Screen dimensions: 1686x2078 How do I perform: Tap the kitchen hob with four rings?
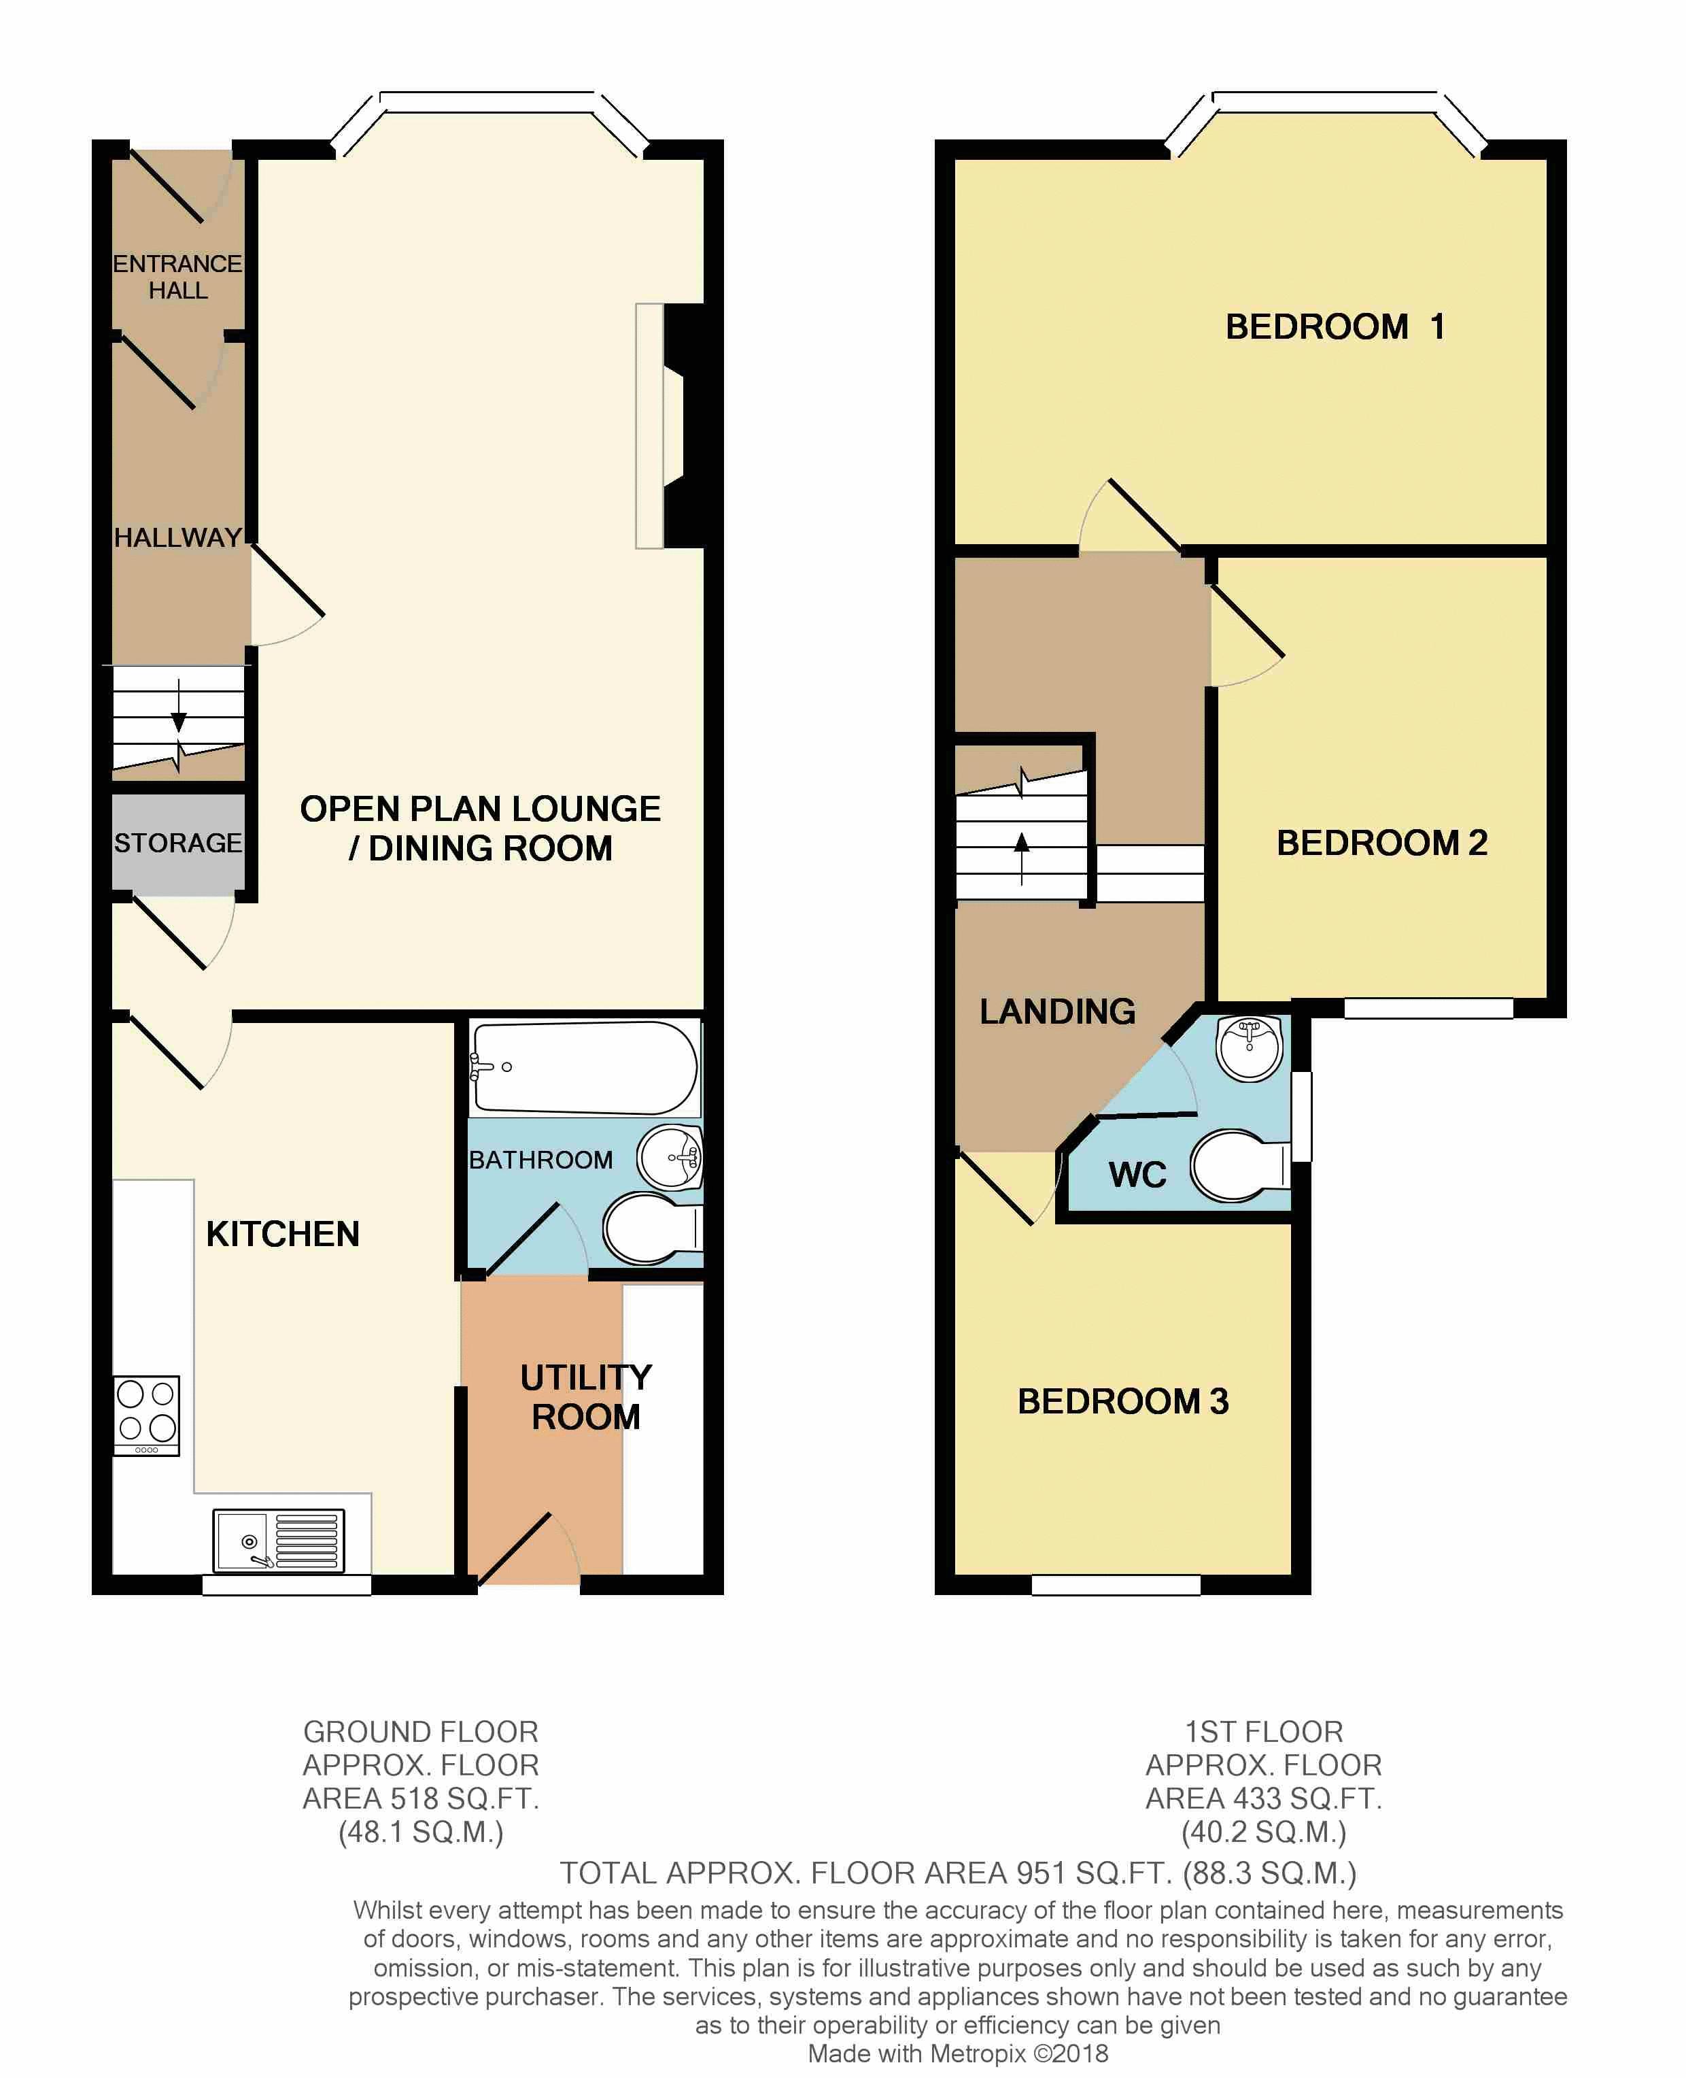click(x=147, y=1415)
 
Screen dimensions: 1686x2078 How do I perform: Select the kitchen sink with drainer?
click(x=279, y=1540)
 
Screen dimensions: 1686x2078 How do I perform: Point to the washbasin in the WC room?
click(x=1251, y=1048)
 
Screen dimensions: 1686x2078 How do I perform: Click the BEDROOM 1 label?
click(x=1335, y=326)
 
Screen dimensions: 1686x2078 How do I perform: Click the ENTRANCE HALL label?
click(x=177, y=277)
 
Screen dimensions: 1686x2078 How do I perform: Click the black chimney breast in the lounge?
click(x=685, y=426)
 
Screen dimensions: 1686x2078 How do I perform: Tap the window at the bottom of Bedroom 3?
click(x=1116, y=1584)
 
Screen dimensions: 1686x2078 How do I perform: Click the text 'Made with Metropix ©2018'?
click(x=958, y=2054)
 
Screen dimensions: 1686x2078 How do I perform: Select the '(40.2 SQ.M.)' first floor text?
click(x=1264, y=1832)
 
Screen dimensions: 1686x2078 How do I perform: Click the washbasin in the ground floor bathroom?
click(x=670, y=1157)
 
